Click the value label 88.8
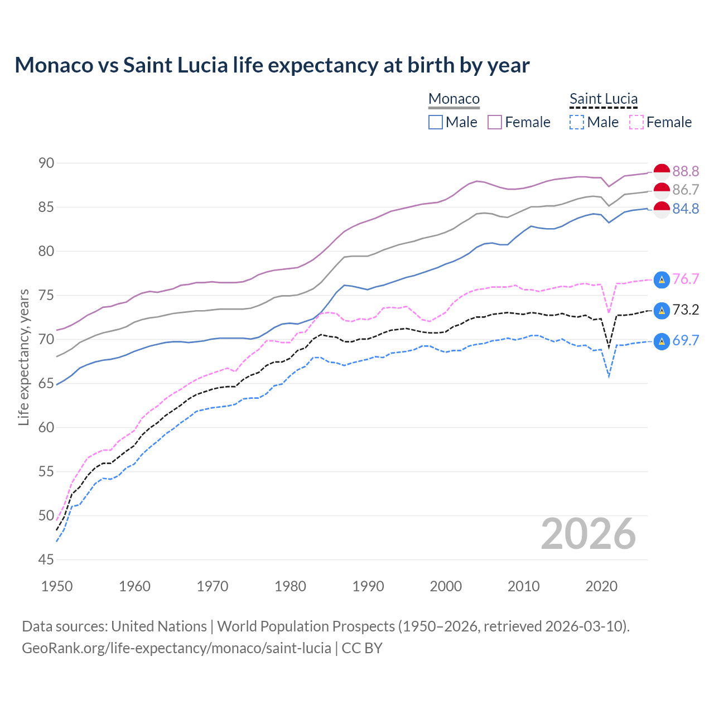click(x=686, y=171)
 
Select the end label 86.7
click(x=686, y=190)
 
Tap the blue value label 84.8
click(x=686, y=209)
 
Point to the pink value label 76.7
click(x=686, y=279)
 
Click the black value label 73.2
click(x=686, y=310)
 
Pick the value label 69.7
click(x=686, y=340)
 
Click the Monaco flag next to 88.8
click(x=662, y=172)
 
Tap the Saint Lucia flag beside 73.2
click(x=662, y=310)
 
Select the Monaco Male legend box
click(x=436, y=122)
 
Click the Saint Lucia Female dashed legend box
click(x=636, y=122)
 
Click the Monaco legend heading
click(x=454, y=99)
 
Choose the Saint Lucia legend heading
click(x=604, y=99)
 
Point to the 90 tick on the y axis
click(x=46, y=163)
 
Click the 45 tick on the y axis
click(x=46, y=559)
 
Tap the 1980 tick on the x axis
click(x=290, y=586)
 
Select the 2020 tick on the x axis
click(x=601, y=586)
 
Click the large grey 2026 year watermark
click(x=588, y=534)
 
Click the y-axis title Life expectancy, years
click(x=23, y=357)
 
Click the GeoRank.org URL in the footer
click(x=176, y=648)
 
